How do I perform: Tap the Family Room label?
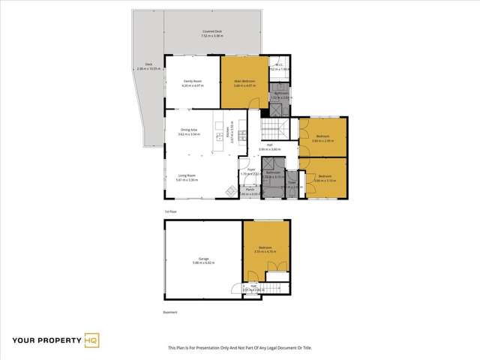193,82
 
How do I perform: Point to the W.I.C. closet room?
278,67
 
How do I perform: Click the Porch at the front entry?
250,192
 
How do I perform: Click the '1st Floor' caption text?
170,212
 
